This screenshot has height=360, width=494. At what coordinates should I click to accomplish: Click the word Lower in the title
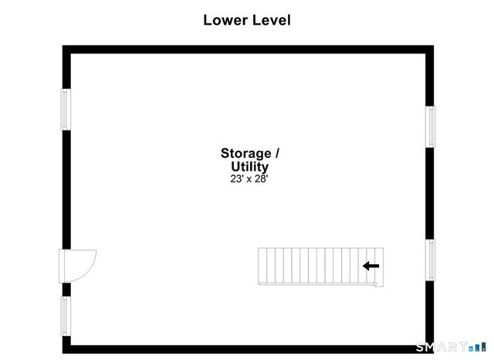pos(225,20)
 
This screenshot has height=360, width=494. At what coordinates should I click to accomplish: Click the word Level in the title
pos(272,20)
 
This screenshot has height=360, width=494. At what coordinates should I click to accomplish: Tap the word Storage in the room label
pos(246,154)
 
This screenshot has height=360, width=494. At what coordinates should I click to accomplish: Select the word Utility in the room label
pos(250,167)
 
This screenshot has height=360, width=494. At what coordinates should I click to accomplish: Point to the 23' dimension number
pos(237,178)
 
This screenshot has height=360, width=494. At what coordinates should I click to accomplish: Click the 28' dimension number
pos(261,178)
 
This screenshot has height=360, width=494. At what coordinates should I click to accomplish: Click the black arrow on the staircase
pos(370,266)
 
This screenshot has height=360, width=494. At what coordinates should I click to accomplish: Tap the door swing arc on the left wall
pos(90,270)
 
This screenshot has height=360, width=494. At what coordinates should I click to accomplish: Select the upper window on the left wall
pos(66,110)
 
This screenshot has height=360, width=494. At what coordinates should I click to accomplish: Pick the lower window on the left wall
pos(66,316)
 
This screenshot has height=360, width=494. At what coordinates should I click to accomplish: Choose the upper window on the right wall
pos(431,127)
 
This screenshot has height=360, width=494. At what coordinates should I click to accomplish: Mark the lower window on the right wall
pos(431,260)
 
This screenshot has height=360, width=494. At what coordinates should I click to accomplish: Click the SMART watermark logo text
pos(442,347)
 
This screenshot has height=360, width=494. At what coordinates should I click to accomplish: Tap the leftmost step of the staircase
pos(262,266)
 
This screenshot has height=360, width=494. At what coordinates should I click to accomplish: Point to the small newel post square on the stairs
pos(375,284)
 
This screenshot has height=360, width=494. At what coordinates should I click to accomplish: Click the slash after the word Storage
pos(277,154)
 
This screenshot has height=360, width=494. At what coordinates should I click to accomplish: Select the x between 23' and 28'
pos(249,180)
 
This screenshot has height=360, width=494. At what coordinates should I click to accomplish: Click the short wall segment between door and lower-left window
pos(66,290)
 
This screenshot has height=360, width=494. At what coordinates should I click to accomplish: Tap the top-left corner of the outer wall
pos(63,46)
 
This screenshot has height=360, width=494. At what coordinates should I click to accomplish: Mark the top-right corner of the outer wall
pos(434,46)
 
